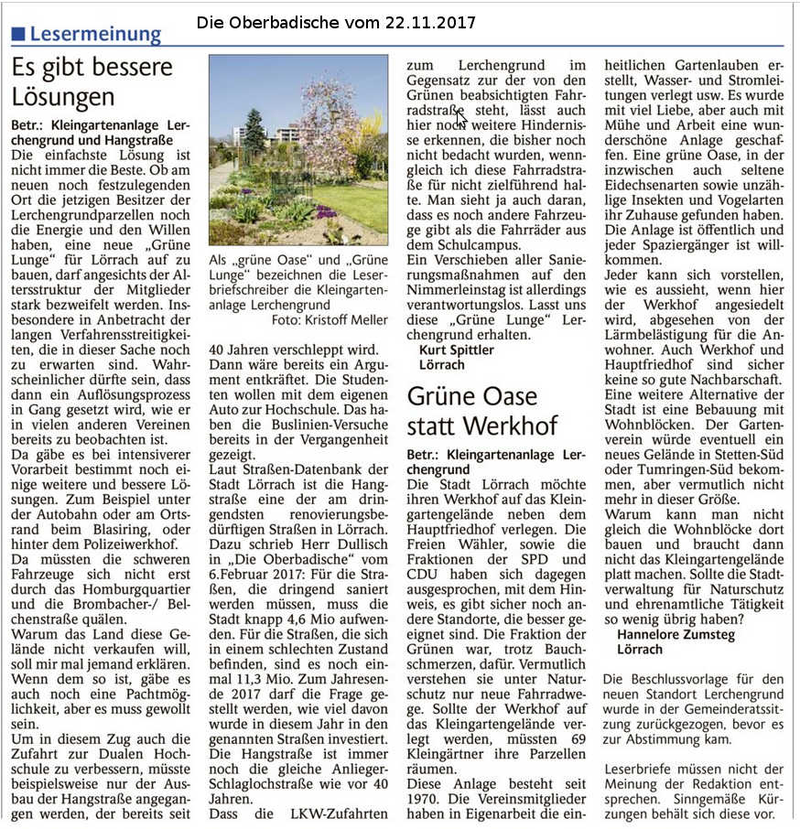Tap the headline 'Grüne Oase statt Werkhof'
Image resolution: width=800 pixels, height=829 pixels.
[482, 411]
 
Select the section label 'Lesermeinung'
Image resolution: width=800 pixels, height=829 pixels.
[95, 35]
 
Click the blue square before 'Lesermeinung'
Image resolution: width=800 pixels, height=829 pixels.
[17, 35]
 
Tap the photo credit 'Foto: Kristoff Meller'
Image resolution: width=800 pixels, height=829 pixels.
[329, 319]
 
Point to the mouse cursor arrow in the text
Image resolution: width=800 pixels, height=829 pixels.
[461, 117]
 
